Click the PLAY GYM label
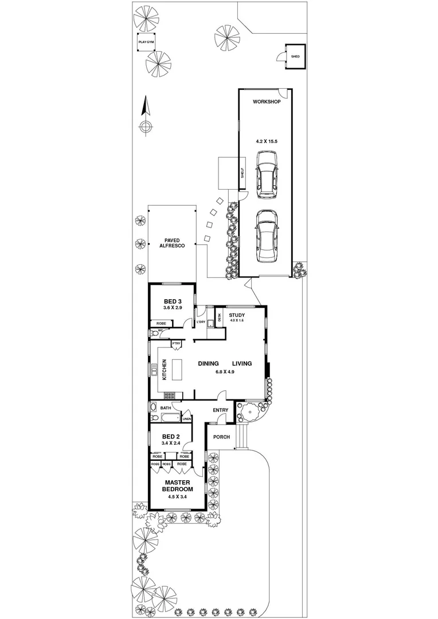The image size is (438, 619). (x=146, y=42)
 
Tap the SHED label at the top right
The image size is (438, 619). (x=295, y=57)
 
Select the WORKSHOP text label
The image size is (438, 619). (x=267, y=102)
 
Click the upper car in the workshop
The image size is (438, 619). (x=267, y=174)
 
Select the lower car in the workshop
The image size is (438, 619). (x=267, y=236)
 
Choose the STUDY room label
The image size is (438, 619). (x=237, y=315)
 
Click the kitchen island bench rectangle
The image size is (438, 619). (x=178, y=370)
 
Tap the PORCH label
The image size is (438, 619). (x=221, y=437)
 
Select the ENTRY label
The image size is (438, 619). (x=221, y=410)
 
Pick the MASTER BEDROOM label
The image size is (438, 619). (x=177, y=485)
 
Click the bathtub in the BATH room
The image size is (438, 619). (x=154, y=408)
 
